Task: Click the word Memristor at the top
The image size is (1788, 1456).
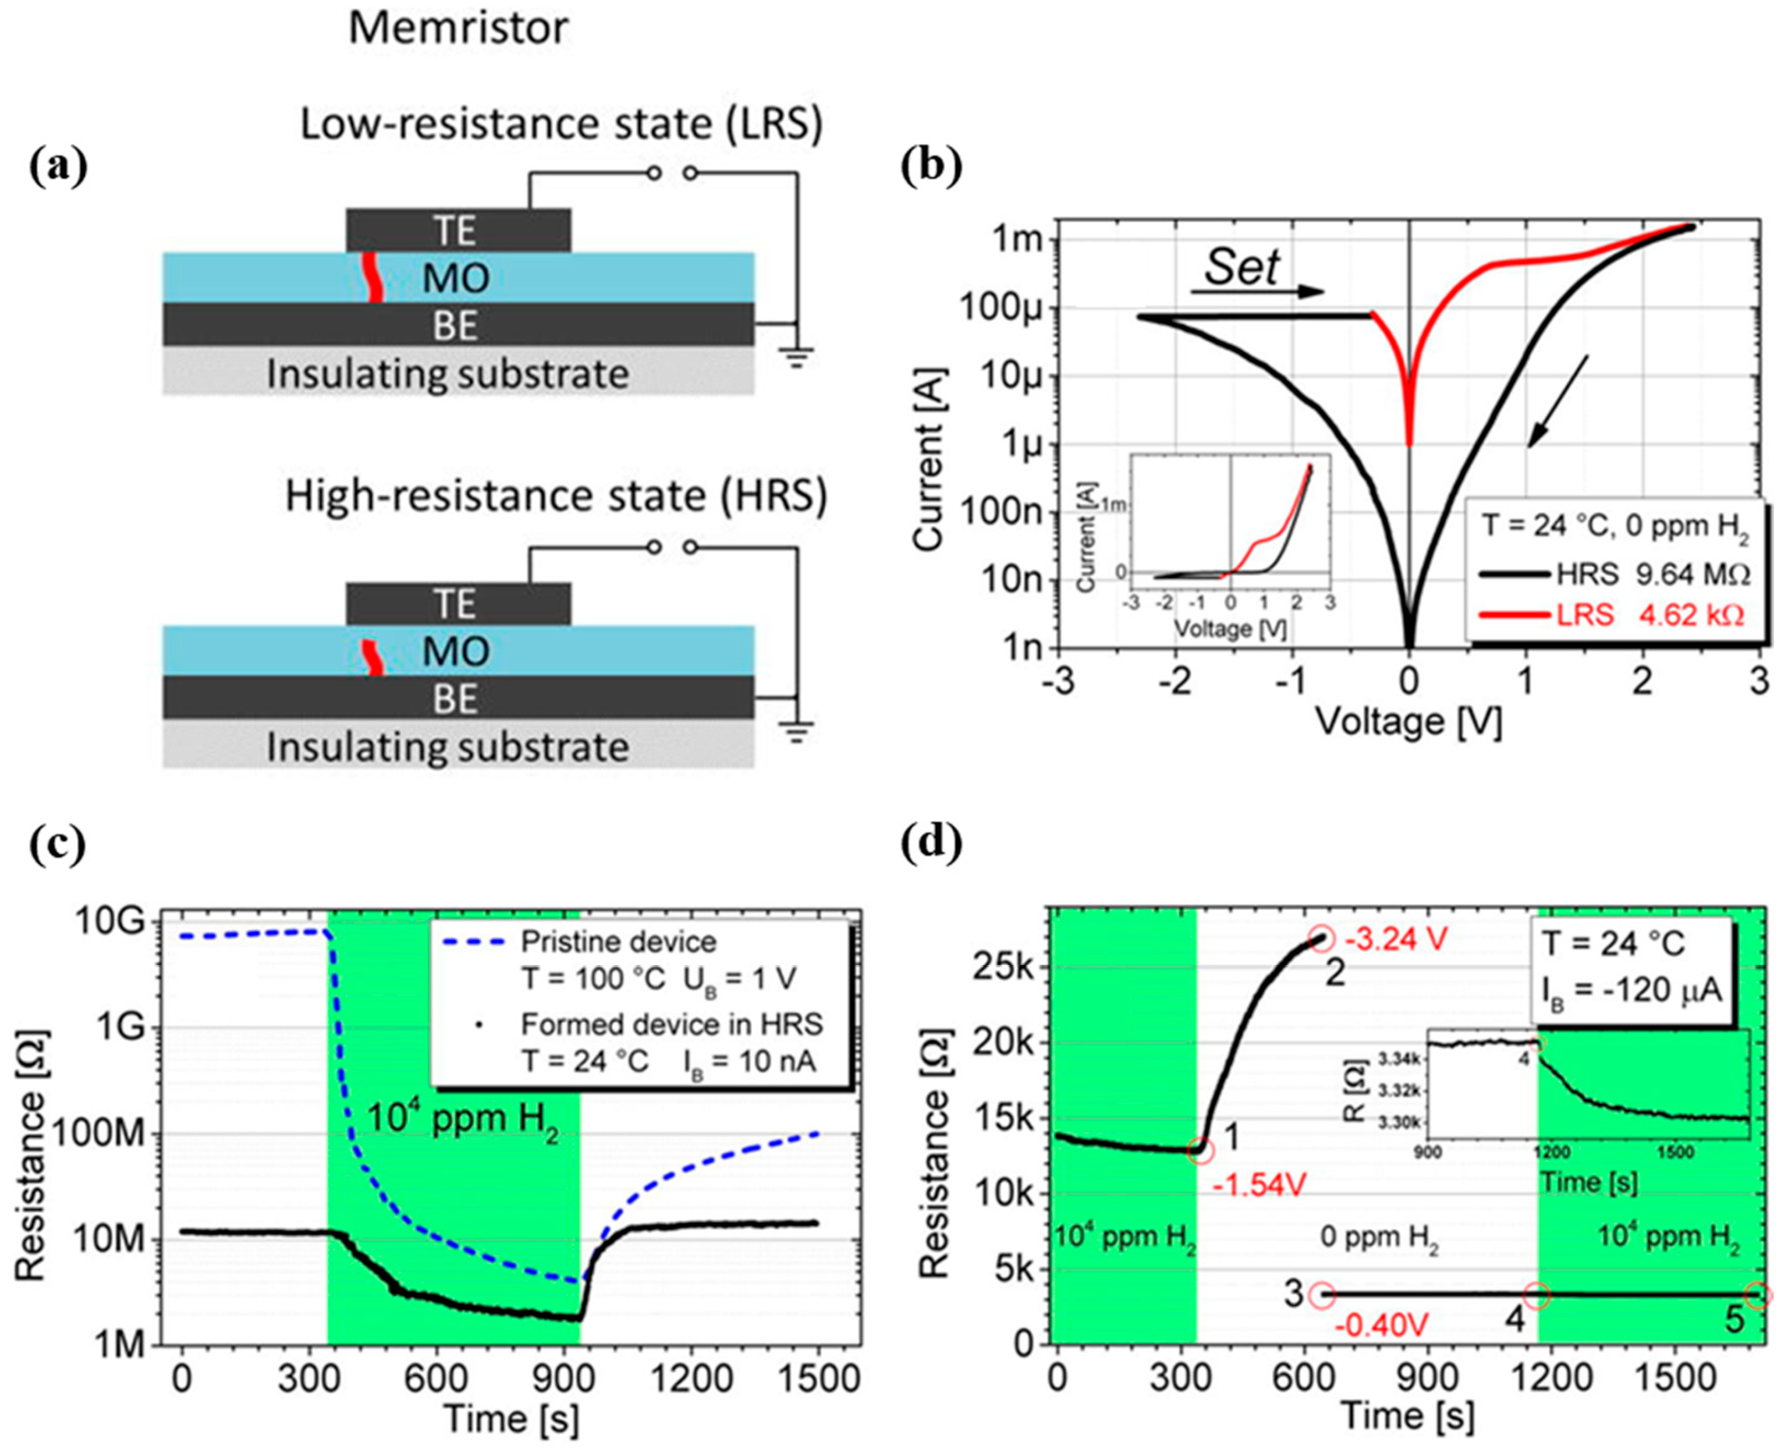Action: [458, 29]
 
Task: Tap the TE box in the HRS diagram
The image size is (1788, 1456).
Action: [458, 604]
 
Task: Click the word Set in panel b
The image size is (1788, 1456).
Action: [1241, 268]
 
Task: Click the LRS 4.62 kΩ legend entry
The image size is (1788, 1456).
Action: [1610, 615]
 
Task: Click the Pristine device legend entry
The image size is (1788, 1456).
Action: [618, 942]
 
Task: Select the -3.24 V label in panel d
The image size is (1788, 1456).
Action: [1396, 940]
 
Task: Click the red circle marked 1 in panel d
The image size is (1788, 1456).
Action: [1200, 1150]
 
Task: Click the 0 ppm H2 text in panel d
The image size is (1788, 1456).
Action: [1379, 1237]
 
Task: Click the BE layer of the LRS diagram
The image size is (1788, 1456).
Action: [458, 325]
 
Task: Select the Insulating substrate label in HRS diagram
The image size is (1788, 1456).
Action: [448, 746]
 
